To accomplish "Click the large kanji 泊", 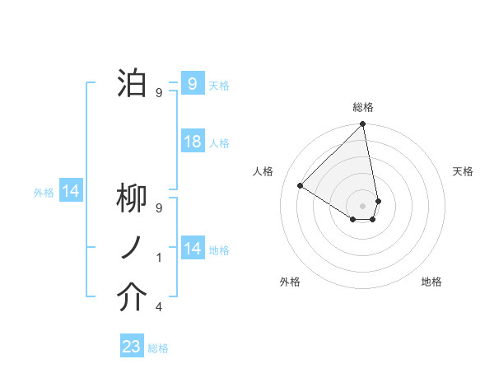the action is (132, 83).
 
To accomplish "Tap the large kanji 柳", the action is (132, 199).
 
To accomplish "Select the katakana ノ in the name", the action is (132, 249).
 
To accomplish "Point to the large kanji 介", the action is (132, 298).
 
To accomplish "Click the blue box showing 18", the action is (192, 142).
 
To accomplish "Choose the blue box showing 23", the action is (132, 347).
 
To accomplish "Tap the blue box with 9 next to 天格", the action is (192, 83).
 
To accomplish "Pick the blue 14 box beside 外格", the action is (71, 192).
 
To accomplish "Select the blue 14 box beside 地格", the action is (192, 249).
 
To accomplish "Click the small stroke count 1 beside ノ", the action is (159, 258).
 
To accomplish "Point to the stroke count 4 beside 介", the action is (159, 307).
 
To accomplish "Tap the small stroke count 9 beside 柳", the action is (159, 208).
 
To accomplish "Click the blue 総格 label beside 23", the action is (158, 348).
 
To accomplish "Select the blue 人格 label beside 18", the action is (219, 143).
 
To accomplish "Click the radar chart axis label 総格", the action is (363, 107).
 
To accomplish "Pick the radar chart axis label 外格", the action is (290, 282).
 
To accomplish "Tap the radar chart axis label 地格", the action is (431, 282).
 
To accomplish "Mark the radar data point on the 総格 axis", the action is (362, 125).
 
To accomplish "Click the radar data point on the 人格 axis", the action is (301, 186).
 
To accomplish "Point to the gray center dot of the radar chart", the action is (362, 204).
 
